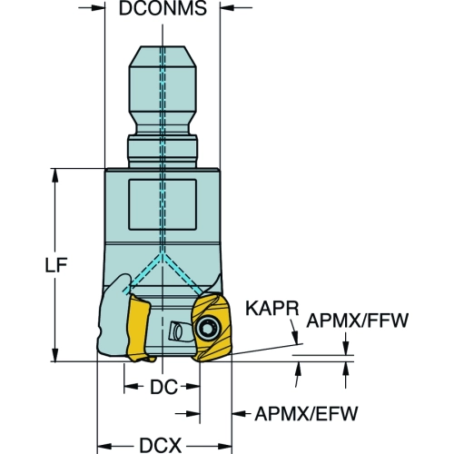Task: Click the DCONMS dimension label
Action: [x=163, y=8]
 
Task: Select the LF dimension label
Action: [x=56, y=265]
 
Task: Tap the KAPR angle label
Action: [x=271, y=309]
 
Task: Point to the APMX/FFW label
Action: [x=358, y=321]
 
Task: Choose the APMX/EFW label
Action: [x=306, y=413]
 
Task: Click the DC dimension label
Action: [x=163, y=387]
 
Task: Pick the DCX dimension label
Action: [x=160, y=446]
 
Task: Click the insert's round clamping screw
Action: [x=208, y=329]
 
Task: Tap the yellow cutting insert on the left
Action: [x=139, y=329]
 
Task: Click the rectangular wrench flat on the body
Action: [x=163, y=204]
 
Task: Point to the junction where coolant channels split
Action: [x=163, y=255]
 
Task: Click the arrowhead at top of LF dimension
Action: [x=55, y=175]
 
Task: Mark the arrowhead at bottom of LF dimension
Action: [x=55, y=354]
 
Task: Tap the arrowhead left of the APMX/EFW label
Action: [x=240, y=413]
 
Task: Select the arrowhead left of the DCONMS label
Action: [x=97, y=7]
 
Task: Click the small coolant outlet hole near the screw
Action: [x=176, y=331]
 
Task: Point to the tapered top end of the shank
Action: [x=163, y=56]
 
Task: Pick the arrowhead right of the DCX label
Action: [x=224, y=446]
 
